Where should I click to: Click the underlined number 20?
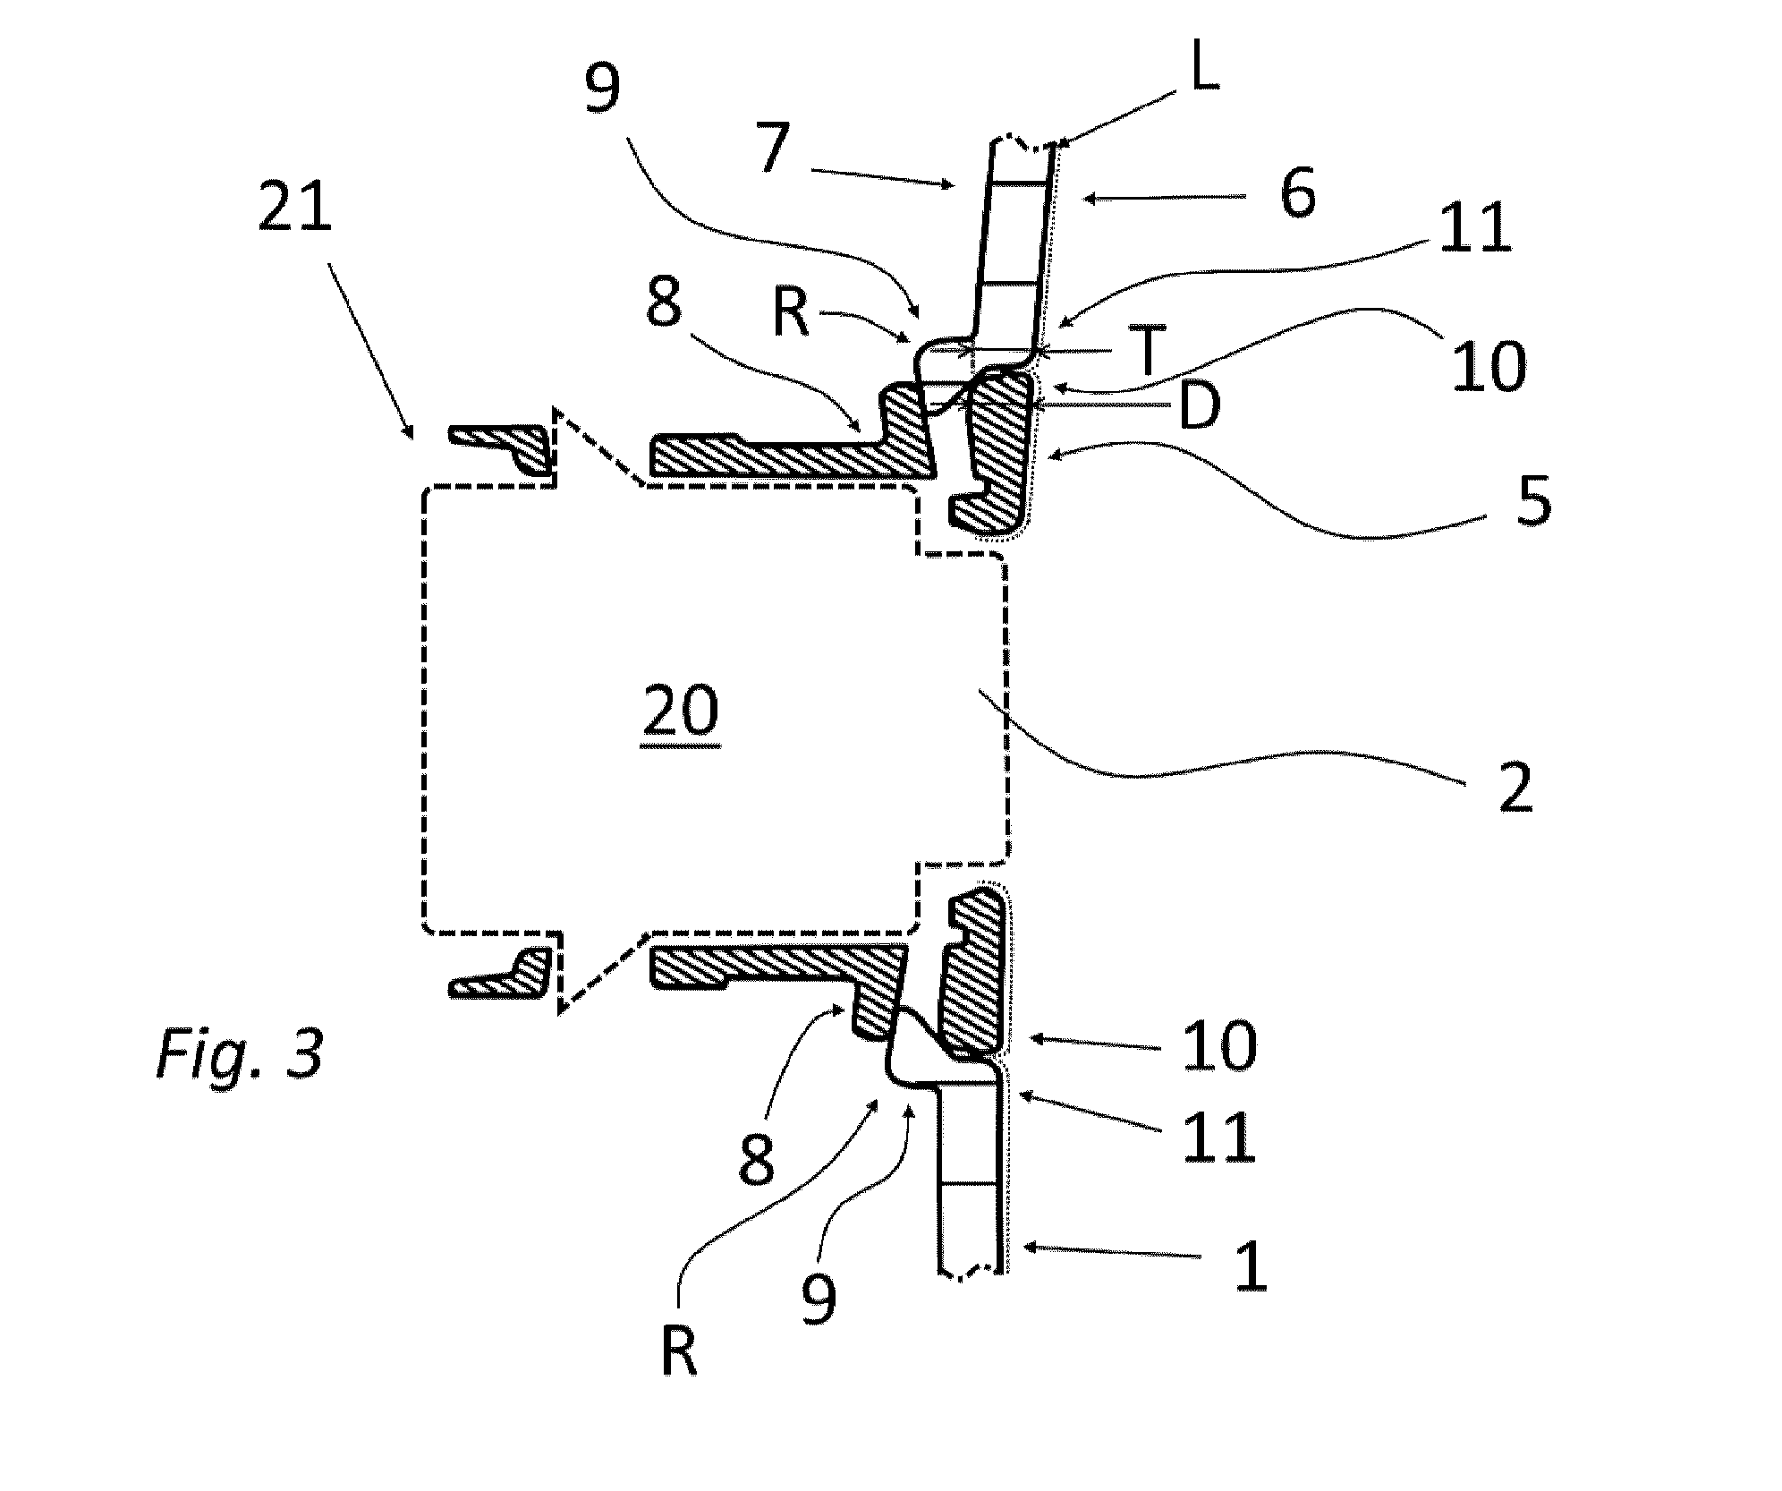tap(680, 712)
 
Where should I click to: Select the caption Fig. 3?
tap(240, 1053)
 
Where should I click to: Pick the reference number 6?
tap(1297, 192)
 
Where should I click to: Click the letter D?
tap(1201, 407)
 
